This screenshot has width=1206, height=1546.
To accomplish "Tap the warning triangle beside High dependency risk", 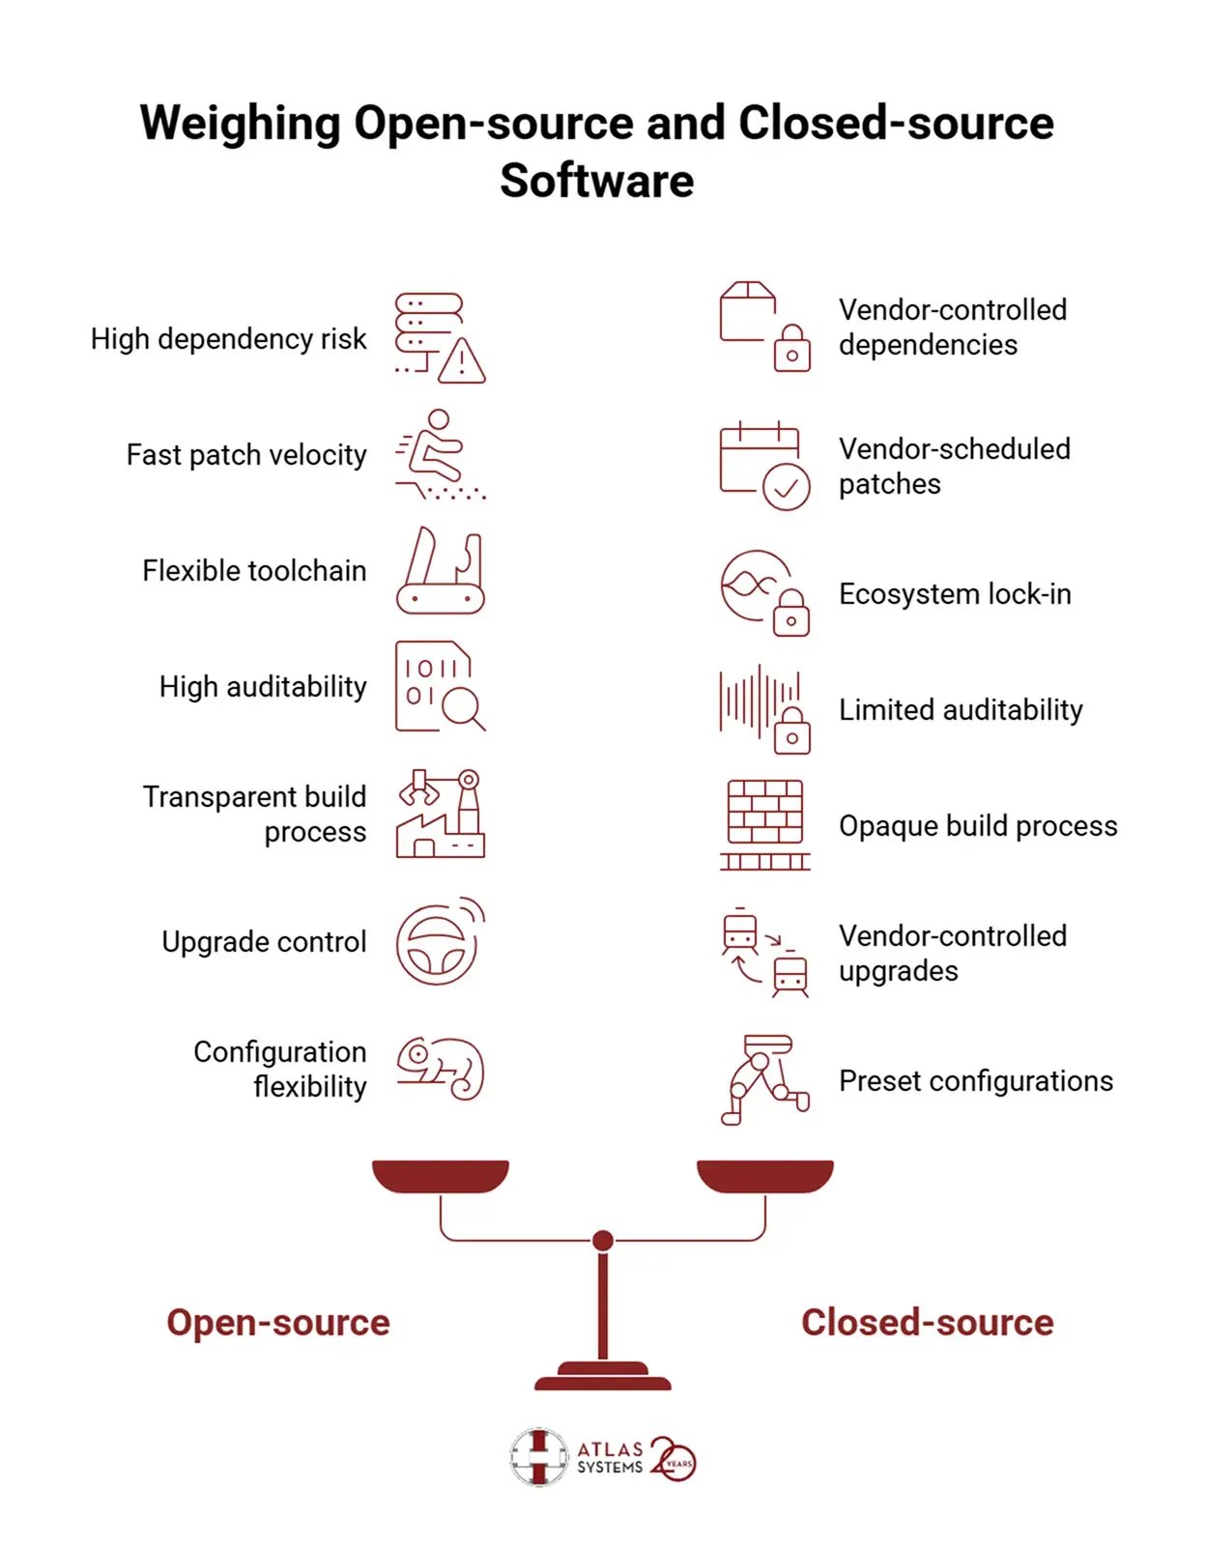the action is coord(461,362).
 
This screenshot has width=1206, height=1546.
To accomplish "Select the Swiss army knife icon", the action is coord(440,571).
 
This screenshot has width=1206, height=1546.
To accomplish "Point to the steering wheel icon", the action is coord(436,944).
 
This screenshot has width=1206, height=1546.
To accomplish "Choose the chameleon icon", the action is coord(441,1069).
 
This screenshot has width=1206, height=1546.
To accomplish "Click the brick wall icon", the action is coord(765,825).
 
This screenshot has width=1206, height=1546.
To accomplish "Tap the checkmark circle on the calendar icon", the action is coord(787,488).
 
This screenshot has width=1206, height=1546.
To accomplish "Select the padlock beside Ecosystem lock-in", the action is coord(790,614).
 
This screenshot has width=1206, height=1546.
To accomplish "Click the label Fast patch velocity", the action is coord(246,455).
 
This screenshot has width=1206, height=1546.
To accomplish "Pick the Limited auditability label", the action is coord(961,710).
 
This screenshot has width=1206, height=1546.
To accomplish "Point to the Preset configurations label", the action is coord(976,1080).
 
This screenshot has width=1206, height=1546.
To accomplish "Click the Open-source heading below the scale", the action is coord(278,1324).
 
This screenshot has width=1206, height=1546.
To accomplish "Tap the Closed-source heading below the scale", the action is coord(927,1324).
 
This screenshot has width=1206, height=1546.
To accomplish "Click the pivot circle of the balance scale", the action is coord(603,1241).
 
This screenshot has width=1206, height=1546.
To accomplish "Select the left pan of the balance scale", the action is coord(441,1177).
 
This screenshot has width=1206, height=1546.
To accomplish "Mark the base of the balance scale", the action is coord(603,1376).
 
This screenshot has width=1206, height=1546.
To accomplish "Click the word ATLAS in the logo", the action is coord(610,1449).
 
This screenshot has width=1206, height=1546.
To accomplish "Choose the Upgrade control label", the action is coord(264,942).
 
